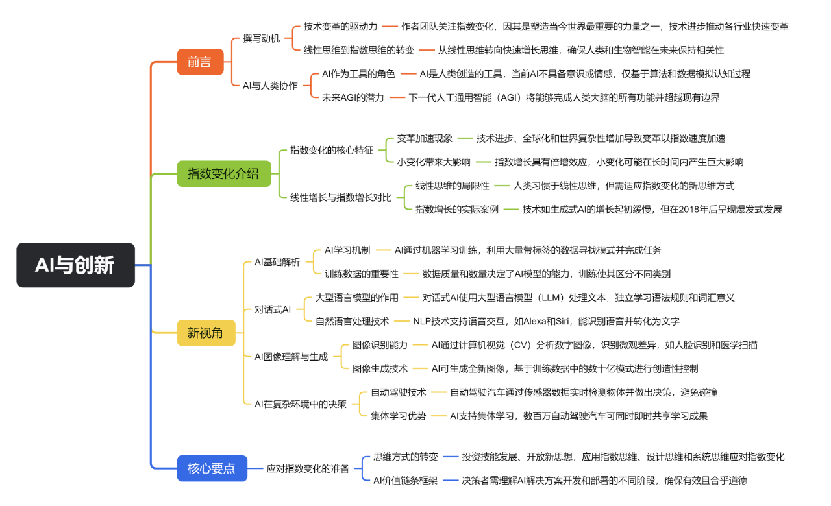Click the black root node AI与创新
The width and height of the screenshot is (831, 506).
[x=75, y=265]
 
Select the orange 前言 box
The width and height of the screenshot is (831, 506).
[x=200, y=62]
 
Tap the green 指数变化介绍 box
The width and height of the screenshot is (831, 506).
[x=223, y=173]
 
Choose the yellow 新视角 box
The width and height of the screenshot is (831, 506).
[x=206, y=333]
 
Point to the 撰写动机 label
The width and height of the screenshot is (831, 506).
[x=262, y=38]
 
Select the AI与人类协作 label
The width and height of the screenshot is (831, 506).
[x=270, y=86]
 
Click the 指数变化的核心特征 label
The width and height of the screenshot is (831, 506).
[x=332, y=150]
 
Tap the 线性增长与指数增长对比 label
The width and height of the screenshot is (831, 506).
[x=341, y=197]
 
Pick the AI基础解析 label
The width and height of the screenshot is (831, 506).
[x=277, y=262]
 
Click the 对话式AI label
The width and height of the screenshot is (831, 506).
[x=273, y=309]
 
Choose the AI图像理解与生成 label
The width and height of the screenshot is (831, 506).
[x=291, y=356]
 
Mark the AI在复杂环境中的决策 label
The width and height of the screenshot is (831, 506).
[x=301, y=404]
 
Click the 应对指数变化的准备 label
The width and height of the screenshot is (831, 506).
[x=308, y=468]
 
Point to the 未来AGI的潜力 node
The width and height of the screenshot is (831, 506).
[x=353, y=97]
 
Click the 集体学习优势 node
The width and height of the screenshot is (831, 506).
[x=399, y=416]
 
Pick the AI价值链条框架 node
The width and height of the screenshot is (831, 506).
[x=405, y=480]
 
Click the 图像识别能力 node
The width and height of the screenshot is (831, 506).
[x=380, y=344]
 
